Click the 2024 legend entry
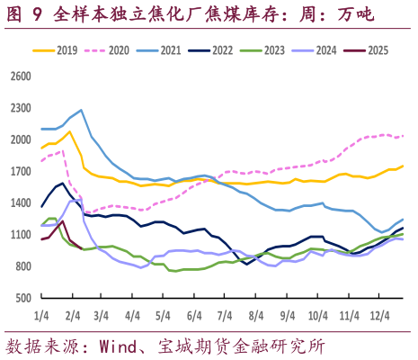pos(326,50)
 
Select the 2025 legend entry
pos(378,50)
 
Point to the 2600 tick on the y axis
pos(20,76)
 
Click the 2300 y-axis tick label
pos(20,108)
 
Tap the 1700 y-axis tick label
pos(20,171)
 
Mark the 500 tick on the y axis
pos(22,298)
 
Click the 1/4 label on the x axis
pos(41,315)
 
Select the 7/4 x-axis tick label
pos(225,315)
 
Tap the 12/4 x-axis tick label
pos(380,315)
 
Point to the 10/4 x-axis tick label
pos(317,315)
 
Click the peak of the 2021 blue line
pos(81,111)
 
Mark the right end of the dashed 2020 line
pos(403,136)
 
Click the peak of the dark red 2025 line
pos(62,221)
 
